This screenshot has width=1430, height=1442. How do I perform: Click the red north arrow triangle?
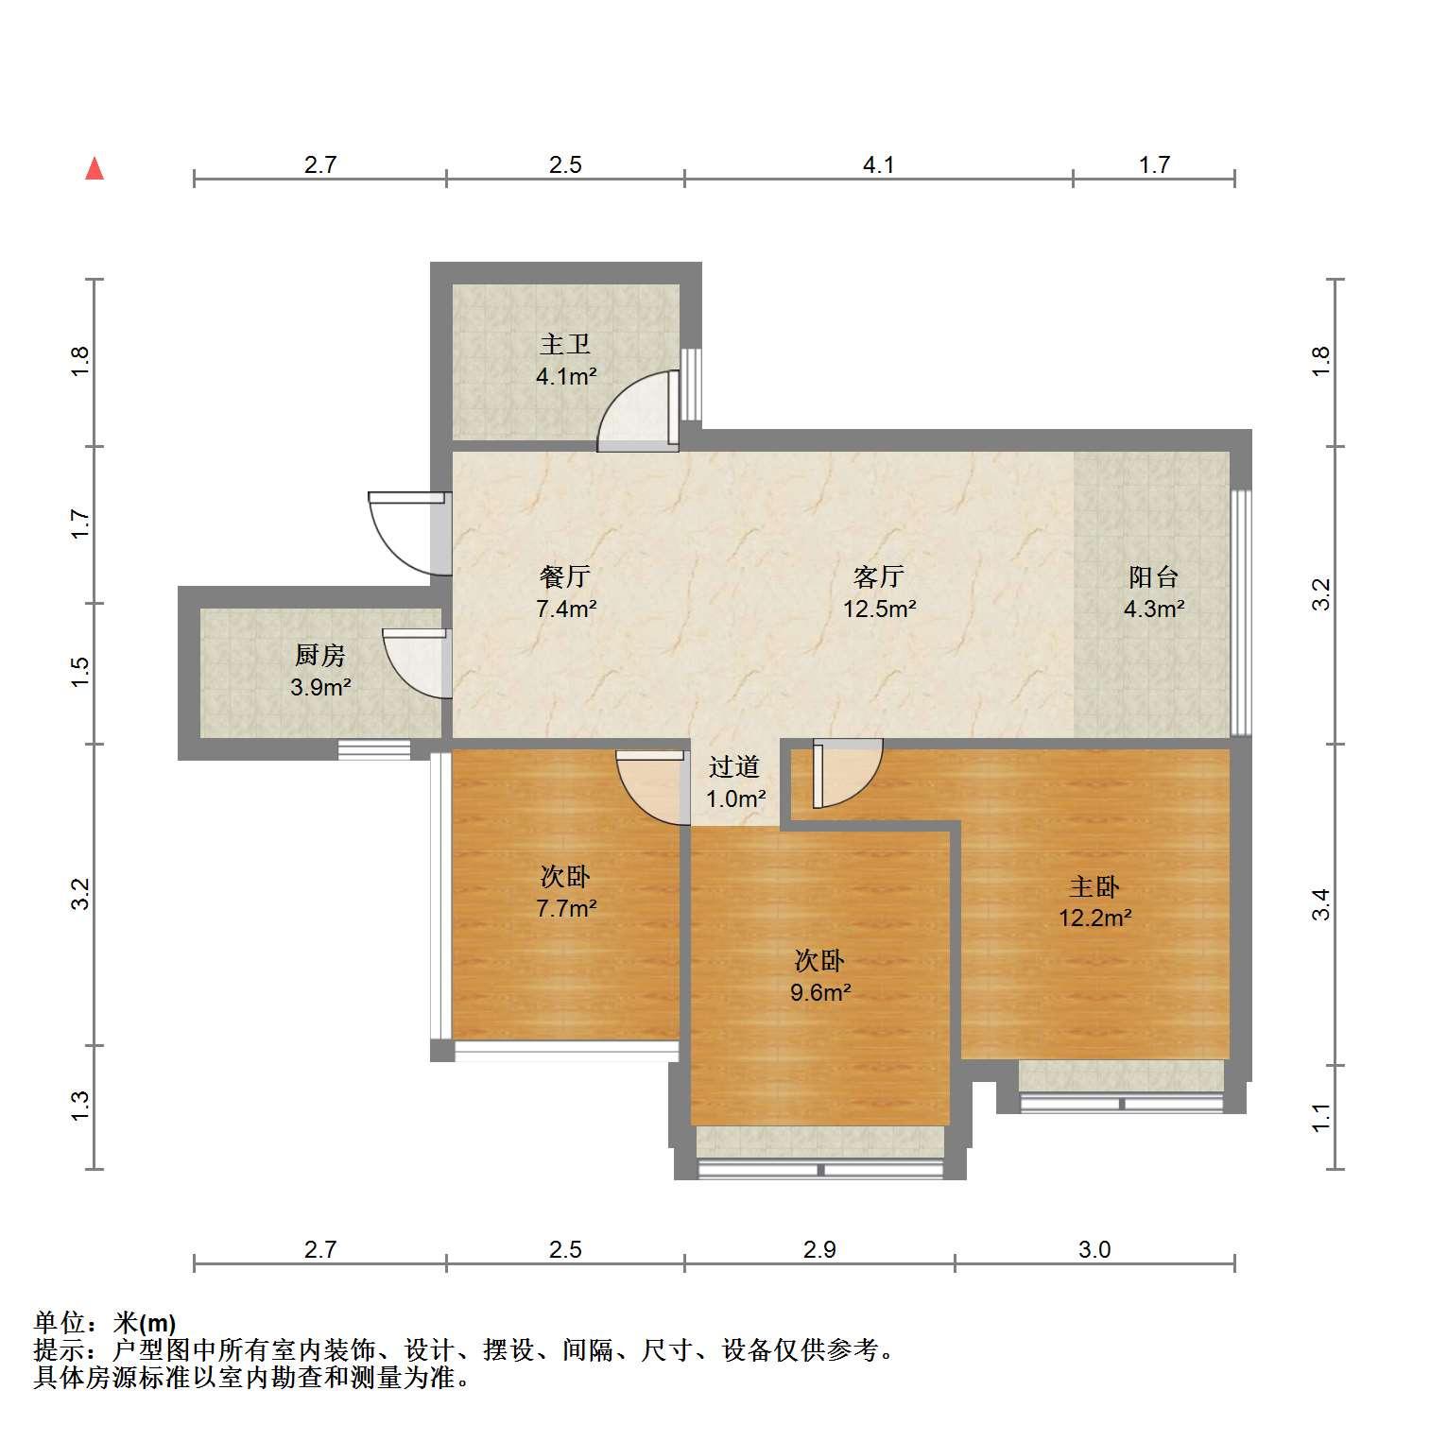(95, 168)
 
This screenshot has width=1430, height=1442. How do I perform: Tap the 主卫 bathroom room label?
(565, 344)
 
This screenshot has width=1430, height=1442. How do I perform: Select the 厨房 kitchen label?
(320, 655)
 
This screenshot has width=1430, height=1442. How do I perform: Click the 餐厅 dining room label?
(565, 576)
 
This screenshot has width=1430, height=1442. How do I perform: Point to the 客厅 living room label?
(879, 576)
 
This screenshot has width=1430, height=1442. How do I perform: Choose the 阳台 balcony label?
(1153, 576)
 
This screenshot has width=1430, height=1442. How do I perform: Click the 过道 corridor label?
(734, 766)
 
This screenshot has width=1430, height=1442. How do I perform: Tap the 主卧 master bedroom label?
(1094, 886)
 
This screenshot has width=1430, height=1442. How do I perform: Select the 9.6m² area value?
(820, 992)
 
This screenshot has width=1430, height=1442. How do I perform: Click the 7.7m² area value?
(565, 909)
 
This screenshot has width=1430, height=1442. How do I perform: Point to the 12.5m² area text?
(879, 609)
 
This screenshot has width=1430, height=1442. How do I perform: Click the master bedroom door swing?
(847, 774)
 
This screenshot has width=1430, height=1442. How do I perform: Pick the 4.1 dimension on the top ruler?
(879, 165)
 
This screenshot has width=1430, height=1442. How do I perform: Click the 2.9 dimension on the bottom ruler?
(819, 1250)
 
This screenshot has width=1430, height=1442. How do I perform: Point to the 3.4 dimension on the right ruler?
(1321, 904)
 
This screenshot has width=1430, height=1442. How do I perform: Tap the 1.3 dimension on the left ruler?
(81, 1107)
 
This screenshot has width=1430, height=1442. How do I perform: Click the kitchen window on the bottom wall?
(374, 749)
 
